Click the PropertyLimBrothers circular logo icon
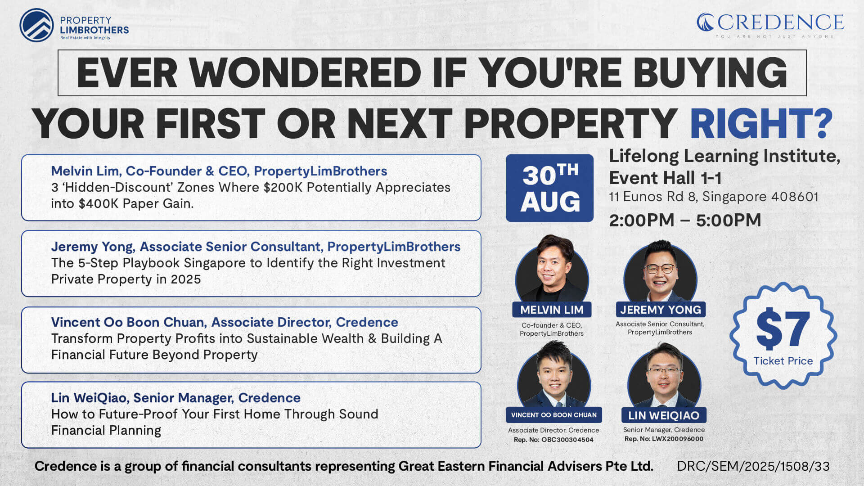click(x=36, y=25)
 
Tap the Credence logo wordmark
click(x=770, y=22)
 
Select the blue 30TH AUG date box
click(x=549, y=188)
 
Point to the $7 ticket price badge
click(x=783, y=335)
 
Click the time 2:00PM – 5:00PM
click(x=685, y=220)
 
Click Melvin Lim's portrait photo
click(x=552, y=269)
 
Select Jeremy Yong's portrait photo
click(x=660, y=271)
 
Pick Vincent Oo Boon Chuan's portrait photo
click(x=554, y=374)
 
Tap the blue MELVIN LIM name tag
click(x=552, y=310)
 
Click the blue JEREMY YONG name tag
click(x=661, y=310)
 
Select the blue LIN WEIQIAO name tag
click(x=664, y=415)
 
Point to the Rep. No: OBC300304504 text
click(x=553, y=440)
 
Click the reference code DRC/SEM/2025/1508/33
click(x=753, y=466)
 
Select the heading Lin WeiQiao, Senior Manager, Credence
click(x=175, y=398)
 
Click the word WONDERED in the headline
click(x=305, y=73)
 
